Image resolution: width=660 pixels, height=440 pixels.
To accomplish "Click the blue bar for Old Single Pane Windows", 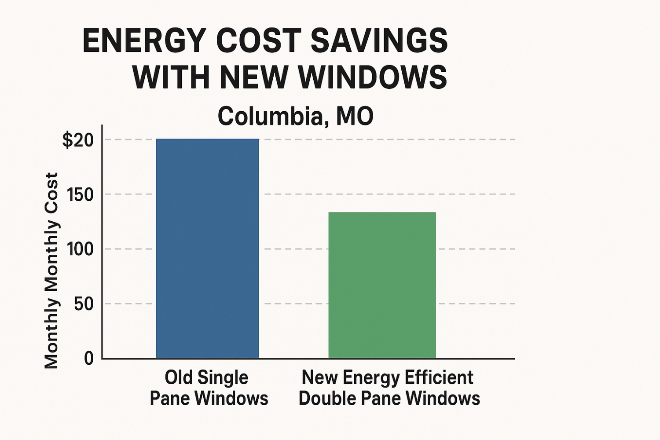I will [207, 249].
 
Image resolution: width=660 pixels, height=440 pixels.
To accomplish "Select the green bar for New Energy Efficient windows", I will [382, 285].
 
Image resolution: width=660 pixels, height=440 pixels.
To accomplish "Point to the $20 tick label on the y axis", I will [78, 140].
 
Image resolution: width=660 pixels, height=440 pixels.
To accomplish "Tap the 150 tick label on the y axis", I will [81, 194].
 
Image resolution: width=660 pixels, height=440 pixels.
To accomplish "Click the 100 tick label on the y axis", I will [81, 249].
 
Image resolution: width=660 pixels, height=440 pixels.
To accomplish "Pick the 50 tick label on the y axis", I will [84, 304].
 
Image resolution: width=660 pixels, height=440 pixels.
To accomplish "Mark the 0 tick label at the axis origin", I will [89, 359].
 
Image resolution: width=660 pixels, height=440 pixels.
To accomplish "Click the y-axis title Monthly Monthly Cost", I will [51, 271].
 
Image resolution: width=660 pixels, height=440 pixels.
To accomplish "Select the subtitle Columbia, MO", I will [295, 116].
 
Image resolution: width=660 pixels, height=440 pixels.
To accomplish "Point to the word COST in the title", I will [259, 41].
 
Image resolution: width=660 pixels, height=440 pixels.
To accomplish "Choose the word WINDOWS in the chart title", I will [373, 77].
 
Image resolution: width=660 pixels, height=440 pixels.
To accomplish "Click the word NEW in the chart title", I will [254, 77].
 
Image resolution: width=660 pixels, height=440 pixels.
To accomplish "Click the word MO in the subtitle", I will [355, 116].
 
